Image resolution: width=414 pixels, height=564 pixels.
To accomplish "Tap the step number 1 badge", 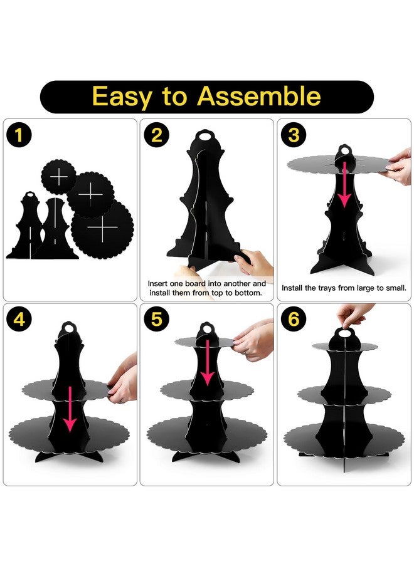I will coord(20,135).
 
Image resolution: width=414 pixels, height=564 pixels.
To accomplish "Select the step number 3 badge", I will coord(293,135).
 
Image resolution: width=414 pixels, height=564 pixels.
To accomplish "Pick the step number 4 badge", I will coord(20,320).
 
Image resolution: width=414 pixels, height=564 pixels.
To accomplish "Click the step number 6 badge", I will coord(293,320).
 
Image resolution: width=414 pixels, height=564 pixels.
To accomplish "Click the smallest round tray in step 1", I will coord(59,177).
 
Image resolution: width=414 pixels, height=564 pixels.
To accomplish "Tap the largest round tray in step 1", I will coord(102,226).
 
